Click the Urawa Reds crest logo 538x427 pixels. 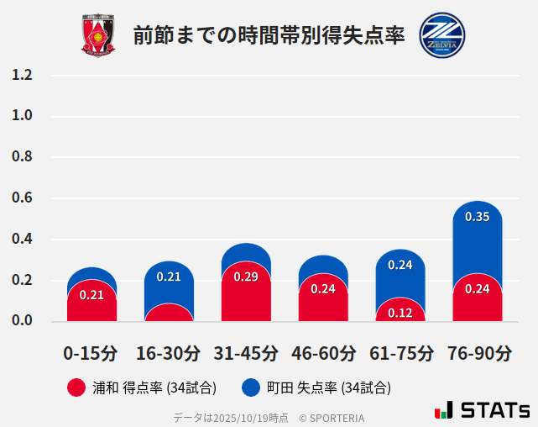tap(98, 35)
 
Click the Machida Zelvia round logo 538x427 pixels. tap(441, 35)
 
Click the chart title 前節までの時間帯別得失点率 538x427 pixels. tap(269, 35)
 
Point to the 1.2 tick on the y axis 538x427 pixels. tap(22, 75)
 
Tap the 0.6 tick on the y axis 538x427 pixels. tap(22, 198)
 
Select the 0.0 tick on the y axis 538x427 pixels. tap(22, 321)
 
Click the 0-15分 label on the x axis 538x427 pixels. tap(91, 353)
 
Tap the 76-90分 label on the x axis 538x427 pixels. tap(478, 353)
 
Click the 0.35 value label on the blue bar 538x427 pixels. tap(477, 217)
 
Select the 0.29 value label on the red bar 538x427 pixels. tap(246, 277)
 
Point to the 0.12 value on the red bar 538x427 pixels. tap(400, 313)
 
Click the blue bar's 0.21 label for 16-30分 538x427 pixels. tap(169, 277)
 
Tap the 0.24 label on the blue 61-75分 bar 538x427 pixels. tap(400, 265)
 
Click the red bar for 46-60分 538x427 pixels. tap(323, 301)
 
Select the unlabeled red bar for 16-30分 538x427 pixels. tap(169, 314)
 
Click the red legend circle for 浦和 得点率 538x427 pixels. tap(76, 387)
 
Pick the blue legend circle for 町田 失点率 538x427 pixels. tap(250, 387)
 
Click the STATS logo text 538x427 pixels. tap(495, 410)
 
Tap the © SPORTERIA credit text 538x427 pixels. tap(332, 418)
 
